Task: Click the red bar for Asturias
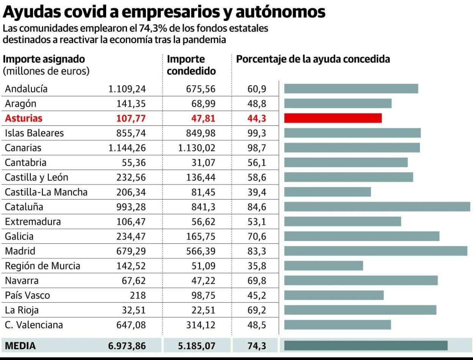(x=333, y=118)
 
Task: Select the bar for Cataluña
(x=377, y=207)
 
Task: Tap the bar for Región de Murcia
(x=323, y=266)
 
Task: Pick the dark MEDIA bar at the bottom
(x=366, y=346)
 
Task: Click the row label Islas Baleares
(x=34, y=133)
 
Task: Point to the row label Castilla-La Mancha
(x=46, y=192)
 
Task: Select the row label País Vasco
(x=27, y=295)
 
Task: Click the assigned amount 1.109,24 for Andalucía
(x=127, y=89)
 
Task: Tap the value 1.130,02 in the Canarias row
(x=197, y=148)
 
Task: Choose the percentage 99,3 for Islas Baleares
(x=257, y=133)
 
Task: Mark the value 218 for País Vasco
(x=138, y=295)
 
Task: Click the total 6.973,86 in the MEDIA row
(x=127, y=346)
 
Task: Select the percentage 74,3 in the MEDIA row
(x=257, y=346)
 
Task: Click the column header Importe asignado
(x=44, y=59)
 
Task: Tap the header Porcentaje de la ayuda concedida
(x=313, y=59)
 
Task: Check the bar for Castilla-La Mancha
(x=327, y=192)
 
